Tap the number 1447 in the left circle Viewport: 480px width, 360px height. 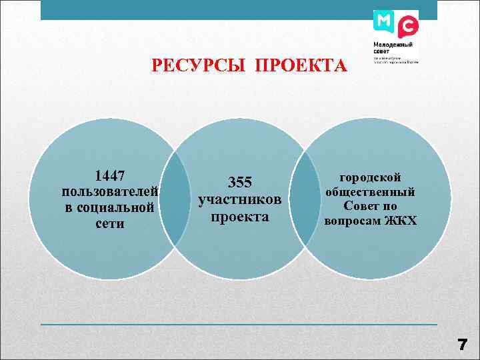click(x=110, y=176)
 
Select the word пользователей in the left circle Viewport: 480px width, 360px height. click(x=110, y=192)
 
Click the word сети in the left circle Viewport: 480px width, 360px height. click(x=110, y=224)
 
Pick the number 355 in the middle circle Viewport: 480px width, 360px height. click(x=240, y=183)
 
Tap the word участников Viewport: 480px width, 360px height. click(x=240, y=199)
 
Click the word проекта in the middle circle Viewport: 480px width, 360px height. click(x=240, y=216)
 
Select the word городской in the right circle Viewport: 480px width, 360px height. click(x=371, y=177)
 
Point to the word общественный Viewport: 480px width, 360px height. click(x=371, y=192)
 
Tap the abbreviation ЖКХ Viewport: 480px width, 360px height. click(x=401, y=221)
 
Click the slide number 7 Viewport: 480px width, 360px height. click(x=462, y=345)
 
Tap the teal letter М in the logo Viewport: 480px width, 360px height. click(x=384, y=23)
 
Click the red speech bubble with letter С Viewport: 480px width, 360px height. click(x=408, y=27)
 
